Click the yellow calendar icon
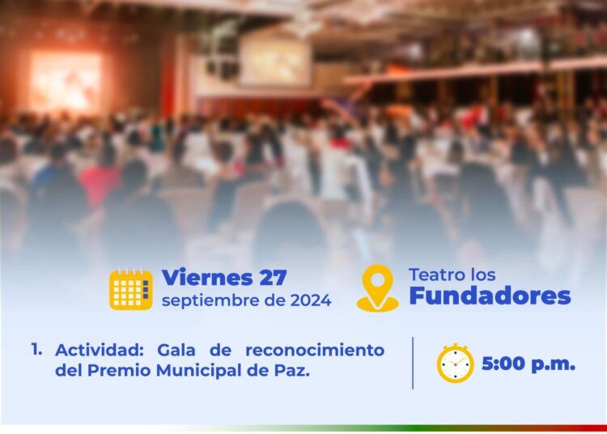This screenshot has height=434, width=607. [131, 289]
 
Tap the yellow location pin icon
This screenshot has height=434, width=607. [378, 288]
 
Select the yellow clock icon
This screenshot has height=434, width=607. [455, 363]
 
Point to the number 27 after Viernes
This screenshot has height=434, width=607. [273, 278]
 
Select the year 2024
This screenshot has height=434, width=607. [312, 300]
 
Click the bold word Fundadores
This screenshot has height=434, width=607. [490, 296]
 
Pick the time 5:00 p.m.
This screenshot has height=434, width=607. [528, 364]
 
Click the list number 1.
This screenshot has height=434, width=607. [36, 350]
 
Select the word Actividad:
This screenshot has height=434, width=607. [100, 351]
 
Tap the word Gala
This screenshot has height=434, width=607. [176, 351]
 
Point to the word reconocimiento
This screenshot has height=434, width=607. [315, 351]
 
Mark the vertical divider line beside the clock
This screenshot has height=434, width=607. [413, 363]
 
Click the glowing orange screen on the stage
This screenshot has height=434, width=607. [66, 82]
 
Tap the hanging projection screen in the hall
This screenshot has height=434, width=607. [275, 61]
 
